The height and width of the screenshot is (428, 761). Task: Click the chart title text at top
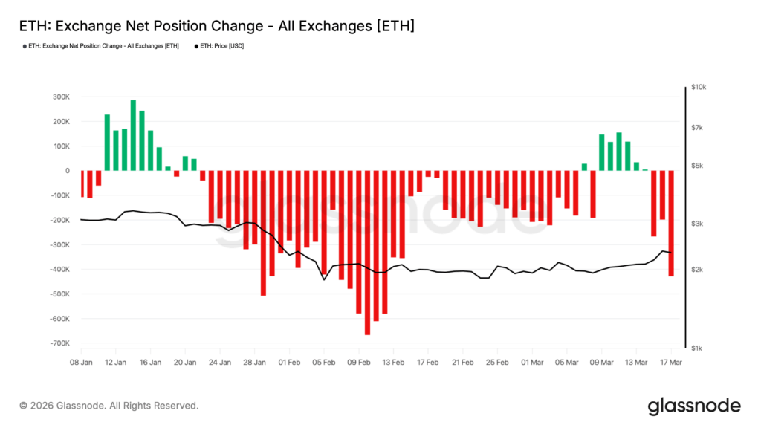coord(216,26)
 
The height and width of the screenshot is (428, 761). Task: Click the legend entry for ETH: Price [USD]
coord(221,46)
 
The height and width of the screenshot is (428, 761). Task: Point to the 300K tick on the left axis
coord(60,97)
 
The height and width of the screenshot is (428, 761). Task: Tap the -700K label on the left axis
coord(59,343)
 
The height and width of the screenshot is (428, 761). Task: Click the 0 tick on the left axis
coord(67,171)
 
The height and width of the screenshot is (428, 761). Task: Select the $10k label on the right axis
coord(698,87)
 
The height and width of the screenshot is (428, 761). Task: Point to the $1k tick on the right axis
coord(696,348)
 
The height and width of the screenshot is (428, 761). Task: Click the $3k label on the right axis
coord(696,224)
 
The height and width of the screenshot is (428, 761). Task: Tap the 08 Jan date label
coord(81,363)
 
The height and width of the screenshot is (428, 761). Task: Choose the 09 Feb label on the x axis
coord(359,363)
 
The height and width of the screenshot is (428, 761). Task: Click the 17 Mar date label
coord(672,363)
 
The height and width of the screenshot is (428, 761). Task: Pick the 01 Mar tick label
coord(532,363)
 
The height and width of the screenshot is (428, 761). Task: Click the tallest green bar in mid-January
coord(133,135)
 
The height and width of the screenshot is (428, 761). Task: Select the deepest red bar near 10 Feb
coord(367,253)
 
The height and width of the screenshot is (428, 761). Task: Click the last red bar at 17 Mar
coord(671,223)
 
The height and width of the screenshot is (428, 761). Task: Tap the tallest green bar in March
coord(618,152)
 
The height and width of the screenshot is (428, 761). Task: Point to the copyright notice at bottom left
coord(109,406)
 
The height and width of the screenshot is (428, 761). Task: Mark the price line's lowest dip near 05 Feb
coord(324,279)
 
